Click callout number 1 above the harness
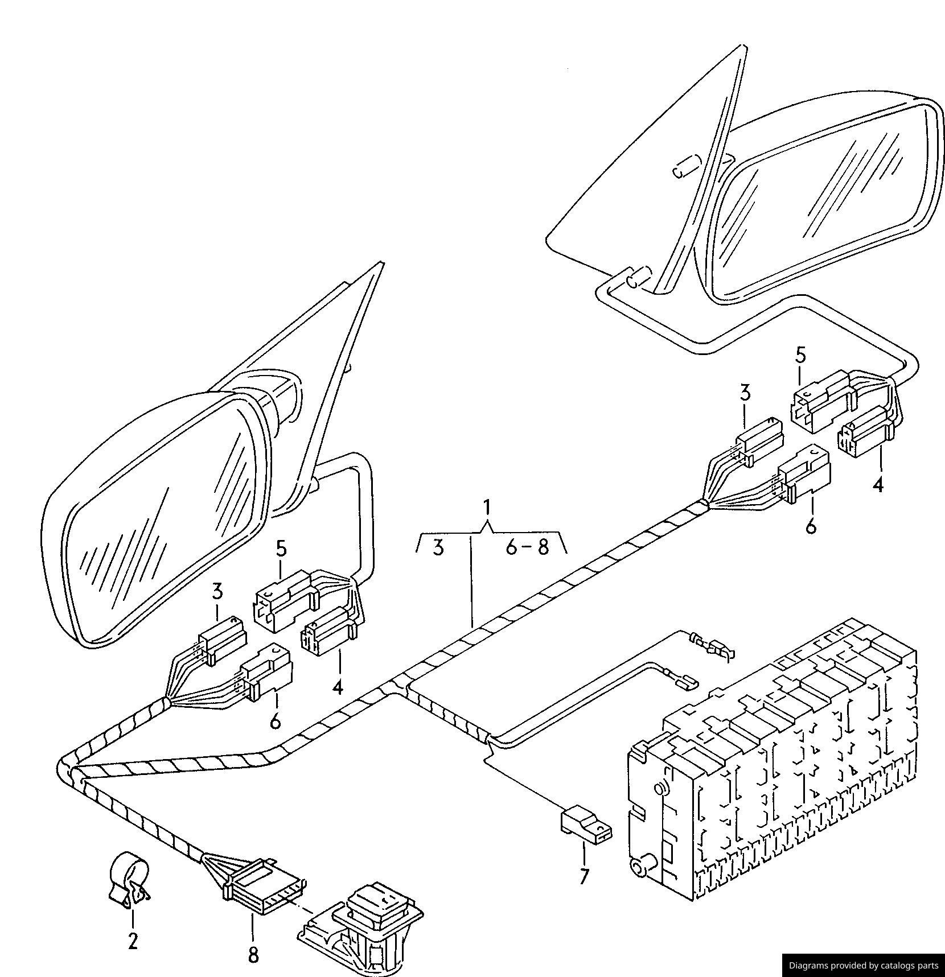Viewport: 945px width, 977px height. (x=487, y=506)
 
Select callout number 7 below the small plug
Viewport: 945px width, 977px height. (x=585, y=876)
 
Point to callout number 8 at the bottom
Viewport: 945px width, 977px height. (x=253, y=954)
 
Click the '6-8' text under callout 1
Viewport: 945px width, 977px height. (x=527, y=547)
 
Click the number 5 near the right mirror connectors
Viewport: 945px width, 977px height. (x=801, y=355)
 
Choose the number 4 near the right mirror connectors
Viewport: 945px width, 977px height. (x=878, y=484)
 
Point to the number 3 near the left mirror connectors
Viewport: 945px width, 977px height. (x=217, y=592)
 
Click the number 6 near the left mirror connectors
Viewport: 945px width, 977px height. (x=276, y=721)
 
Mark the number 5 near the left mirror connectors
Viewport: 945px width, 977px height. (x=281, y=549)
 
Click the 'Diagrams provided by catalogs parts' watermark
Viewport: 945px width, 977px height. (x=864, y=965)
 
